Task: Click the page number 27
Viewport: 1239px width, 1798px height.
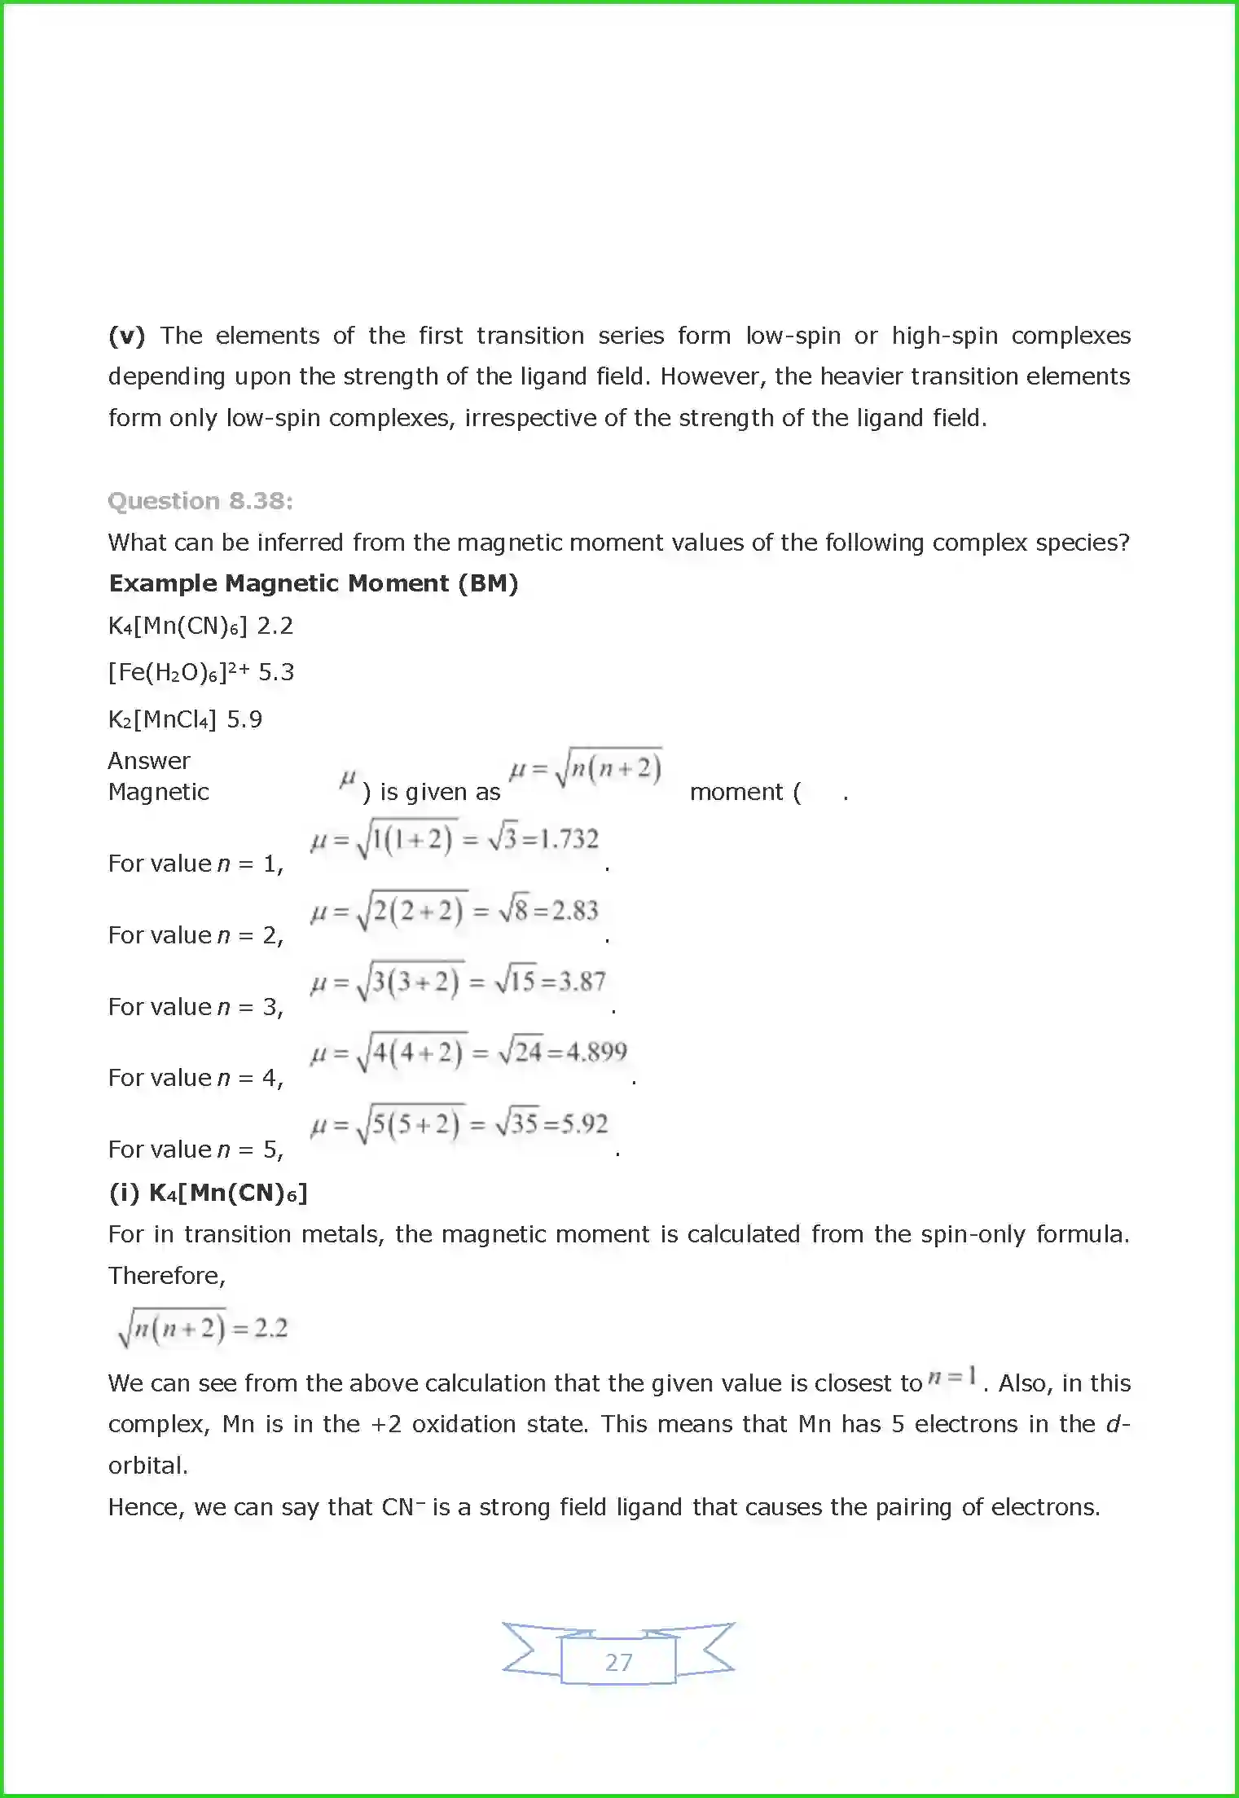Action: click(618, 1662)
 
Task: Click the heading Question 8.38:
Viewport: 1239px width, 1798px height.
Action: click(200, 500)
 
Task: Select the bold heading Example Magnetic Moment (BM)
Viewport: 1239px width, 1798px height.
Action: click(314, 583)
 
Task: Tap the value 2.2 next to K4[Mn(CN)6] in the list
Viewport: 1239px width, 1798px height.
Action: click(275, 626)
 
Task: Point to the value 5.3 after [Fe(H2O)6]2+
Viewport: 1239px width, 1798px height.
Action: click(276, 672)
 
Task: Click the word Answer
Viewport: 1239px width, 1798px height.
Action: click(149, 761)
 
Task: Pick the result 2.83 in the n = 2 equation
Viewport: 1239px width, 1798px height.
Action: click(574, 911)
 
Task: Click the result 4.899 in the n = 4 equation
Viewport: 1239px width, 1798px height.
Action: click(596, 1053)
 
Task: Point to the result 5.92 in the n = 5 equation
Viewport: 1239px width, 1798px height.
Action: click(583, 1124)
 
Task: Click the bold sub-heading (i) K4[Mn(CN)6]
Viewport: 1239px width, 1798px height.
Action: click(209, 1193)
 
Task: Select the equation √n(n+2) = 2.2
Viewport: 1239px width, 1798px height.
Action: click(203, 1329)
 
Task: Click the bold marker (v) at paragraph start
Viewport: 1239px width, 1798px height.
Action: click(126, 336)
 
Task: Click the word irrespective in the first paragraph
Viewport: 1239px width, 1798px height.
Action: click(529, 418)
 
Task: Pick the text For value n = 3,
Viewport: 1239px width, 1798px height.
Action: click(196, 1007)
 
